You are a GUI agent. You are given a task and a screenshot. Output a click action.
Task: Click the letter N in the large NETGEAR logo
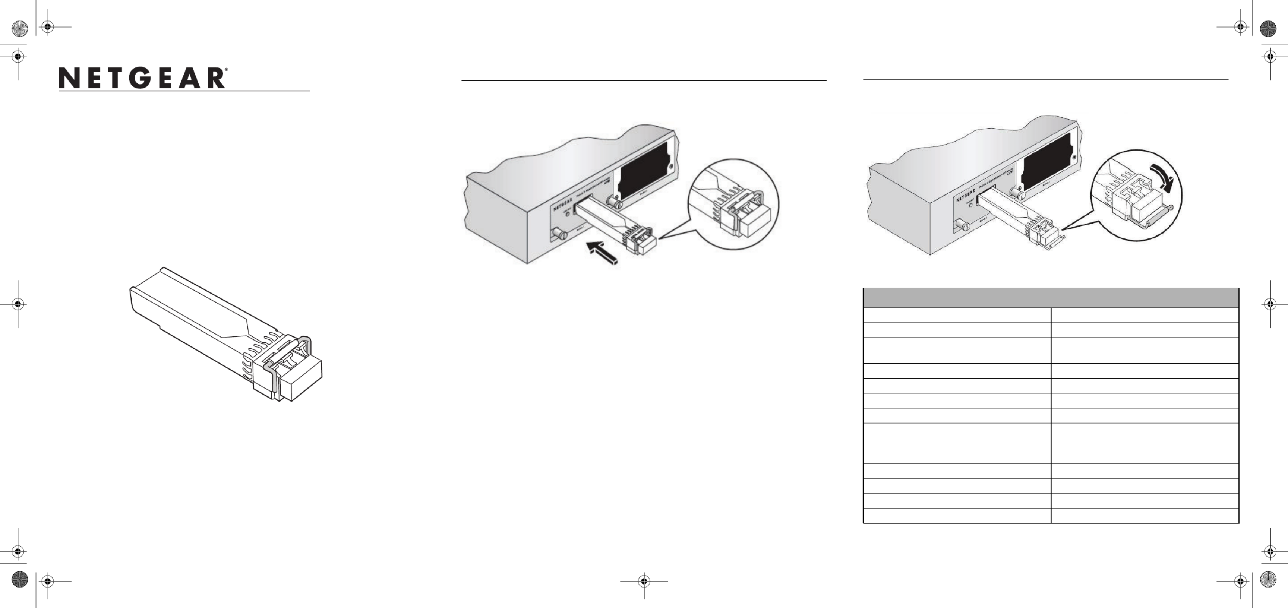(x=69, y=79)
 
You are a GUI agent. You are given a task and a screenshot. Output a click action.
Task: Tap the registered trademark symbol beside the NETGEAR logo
(x=227, y=70)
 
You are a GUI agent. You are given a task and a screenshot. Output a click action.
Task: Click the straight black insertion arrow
(x=603, y=253)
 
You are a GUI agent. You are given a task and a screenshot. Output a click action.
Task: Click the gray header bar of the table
(x=1051, y=298)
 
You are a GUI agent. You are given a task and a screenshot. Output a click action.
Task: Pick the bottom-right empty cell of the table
(x=1145, y=516)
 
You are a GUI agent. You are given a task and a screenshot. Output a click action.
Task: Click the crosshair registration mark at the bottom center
(x=644, y=582)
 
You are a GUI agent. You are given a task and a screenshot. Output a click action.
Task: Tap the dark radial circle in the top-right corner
(x=1269, y=28)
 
